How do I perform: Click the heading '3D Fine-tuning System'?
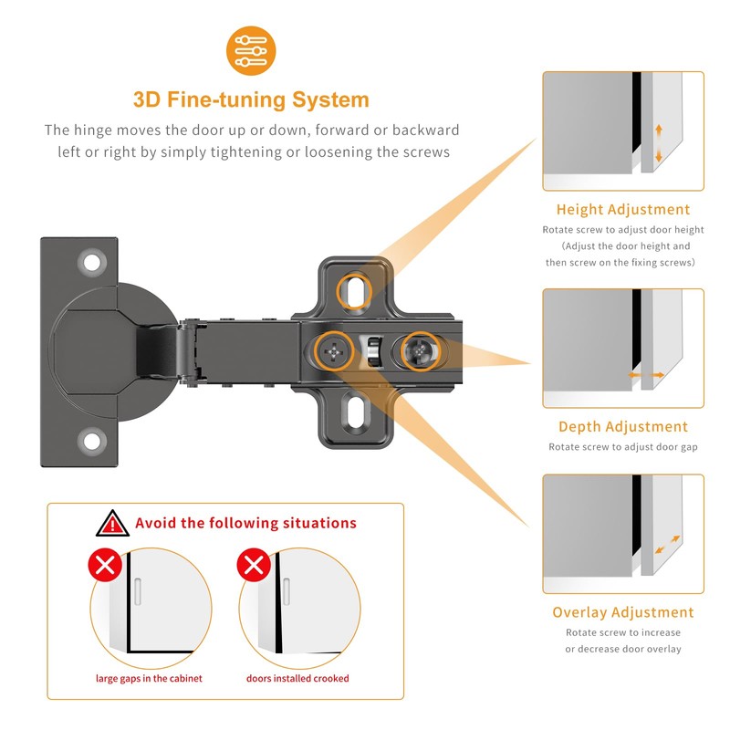point(251,99)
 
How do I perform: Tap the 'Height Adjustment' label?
point(623,210)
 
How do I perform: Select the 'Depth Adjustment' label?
point(623,426)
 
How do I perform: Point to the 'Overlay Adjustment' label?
point(623,612)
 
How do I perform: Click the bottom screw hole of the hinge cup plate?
point(92,442)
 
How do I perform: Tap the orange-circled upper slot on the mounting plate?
point(354,291)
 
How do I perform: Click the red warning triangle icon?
point(113,524)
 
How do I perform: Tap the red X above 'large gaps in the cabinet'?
point(105,566)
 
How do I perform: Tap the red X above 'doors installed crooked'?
point(252,566)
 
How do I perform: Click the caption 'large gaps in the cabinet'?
point(149,679)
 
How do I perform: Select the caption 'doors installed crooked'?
point(297,679)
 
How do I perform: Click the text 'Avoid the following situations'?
point(245,524)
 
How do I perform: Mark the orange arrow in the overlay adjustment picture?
point(667,545)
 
